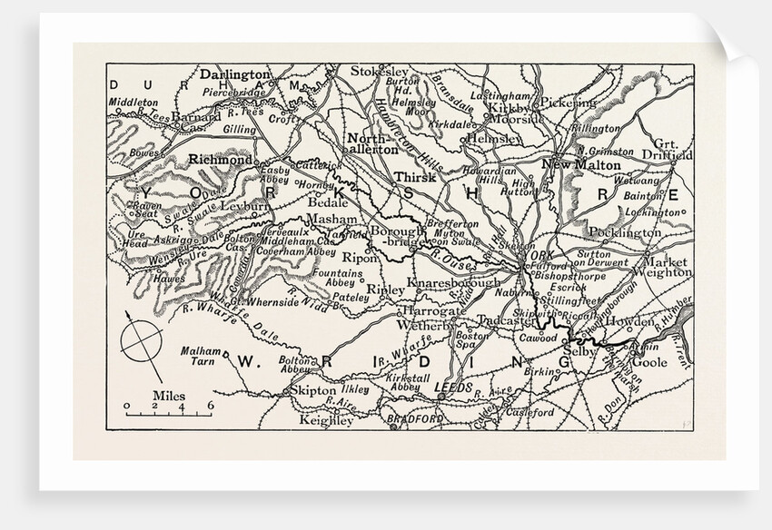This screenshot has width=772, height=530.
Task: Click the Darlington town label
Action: point(234,74)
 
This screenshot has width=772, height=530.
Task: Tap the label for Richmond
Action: point(218,159)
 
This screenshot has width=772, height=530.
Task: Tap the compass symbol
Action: point(143,340)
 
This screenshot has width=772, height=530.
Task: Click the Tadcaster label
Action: point(507,320)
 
